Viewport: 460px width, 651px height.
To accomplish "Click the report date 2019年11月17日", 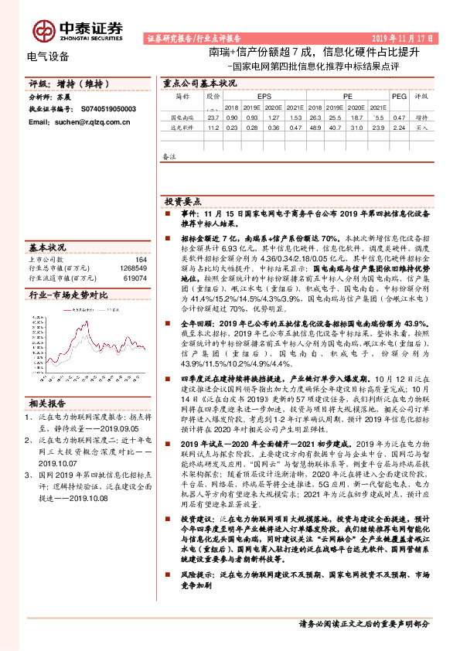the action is pos(400,37).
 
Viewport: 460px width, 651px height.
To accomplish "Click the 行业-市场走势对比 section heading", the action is pos(68,295).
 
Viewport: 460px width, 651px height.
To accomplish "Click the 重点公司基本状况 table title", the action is pos(199,82).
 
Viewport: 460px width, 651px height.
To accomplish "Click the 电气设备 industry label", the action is pos(48,56).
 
